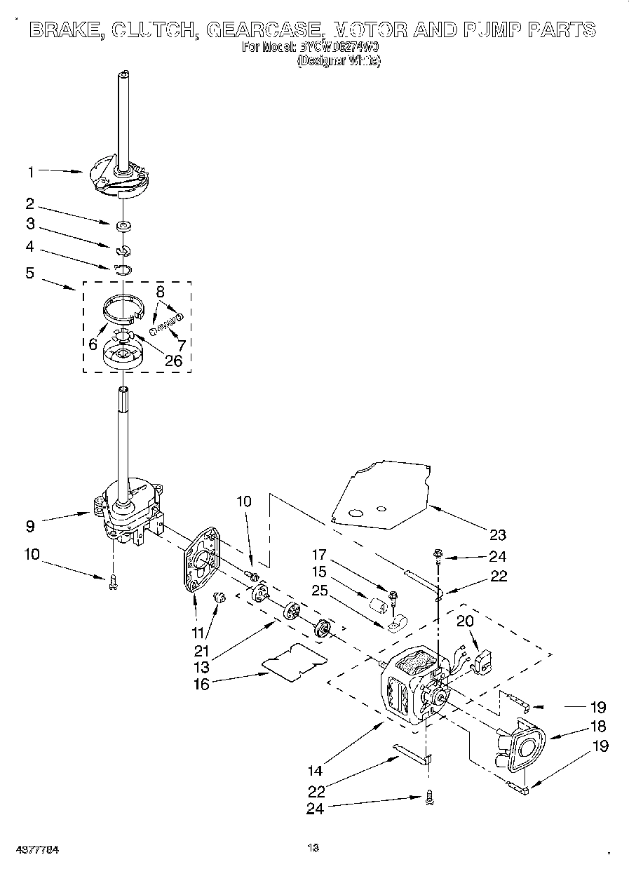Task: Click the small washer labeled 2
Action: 123,226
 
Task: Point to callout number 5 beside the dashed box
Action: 30,273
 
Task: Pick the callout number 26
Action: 173,361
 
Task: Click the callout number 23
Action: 497,535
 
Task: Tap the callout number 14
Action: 315,771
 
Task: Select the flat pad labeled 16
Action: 294,661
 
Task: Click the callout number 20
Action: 465,620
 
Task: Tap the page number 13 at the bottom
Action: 313,848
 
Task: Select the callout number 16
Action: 201,684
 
